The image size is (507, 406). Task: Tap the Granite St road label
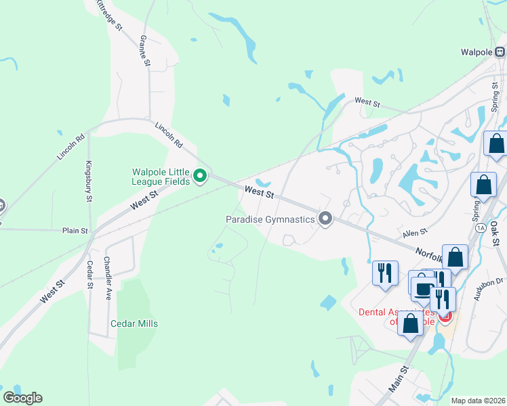click(144, 50)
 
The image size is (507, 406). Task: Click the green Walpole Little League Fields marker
click(200, 177)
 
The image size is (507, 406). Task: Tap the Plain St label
click(75, 231)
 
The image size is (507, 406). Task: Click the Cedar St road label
click(89, 275)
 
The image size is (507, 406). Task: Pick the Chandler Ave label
click(107, 278)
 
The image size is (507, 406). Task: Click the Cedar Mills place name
click(134, 323)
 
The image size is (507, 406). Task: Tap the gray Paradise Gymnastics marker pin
click(326, 219)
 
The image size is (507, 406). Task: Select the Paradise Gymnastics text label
click(270, 219)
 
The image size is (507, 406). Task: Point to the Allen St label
click(415, 232)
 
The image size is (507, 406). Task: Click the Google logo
click(22, 398)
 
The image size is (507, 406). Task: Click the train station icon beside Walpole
click(500, 51)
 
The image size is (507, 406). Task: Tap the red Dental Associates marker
click(446, 316)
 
